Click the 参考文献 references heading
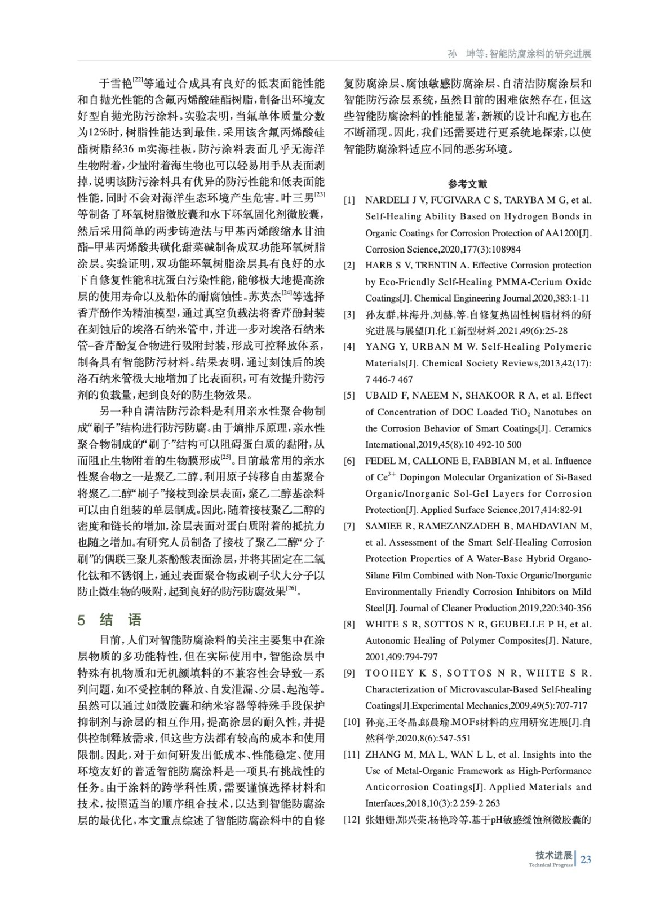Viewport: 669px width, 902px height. pyautogui.click(x=468, y=184)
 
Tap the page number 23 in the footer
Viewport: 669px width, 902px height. pyautogui.click(x=586, y=859)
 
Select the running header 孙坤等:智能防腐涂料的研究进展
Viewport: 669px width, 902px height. pyautogui.click(x=519, y=54)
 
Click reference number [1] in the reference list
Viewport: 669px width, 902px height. pyautogui.click(x=350, y=200)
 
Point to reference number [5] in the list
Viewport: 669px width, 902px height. pyautogui.click(x=350, y=396)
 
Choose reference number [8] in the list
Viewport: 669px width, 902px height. pyautogui.click(x=350, y=625)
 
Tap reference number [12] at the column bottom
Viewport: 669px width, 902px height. pyautogui.click(x=352, y=820)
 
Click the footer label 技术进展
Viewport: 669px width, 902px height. pyautogui.click(x=553, y=855)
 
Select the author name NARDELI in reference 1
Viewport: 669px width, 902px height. pyautogui.click(x=387, y=200)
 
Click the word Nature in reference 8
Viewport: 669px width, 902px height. pyautogui.click(x=575, y=641)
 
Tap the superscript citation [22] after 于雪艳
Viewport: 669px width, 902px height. pyautogui.click(x=138, y=79)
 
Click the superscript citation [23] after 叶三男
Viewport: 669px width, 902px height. pyautogui.click(x=319, y=194)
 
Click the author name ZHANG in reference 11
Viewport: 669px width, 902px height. pyautogui.click(x=381, y=755)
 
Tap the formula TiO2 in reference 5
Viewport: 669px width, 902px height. pyautogui.click(x=521, y=412)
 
